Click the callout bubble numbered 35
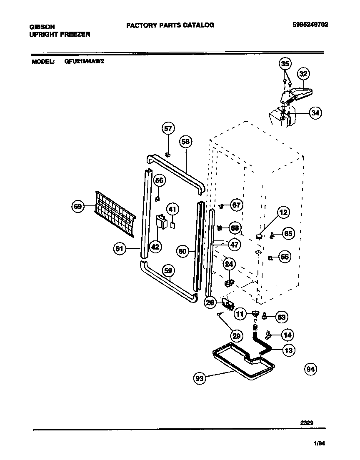(285, 64)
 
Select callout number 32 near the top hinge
(303, 74)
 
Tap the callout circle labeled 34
(315, 113)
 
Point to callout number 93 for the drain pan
(200, 378)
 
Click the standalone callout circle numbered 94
(310, 369)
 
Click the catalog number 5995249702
(310, 25)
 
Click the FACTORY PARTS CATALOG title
(170, 25)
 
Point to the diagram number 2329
(307, 422)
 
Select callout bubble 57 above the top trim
(168, 128)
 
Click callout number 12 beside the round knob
(283, 212)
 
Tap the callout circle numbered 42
(155, 247)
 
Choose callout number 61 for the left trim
(120, 249)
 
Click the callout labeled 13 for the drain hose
(287, 350)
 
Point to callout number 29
(237, 335)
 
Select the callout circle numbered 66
(285, 257)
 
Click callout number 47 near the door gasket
(235, 245)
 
